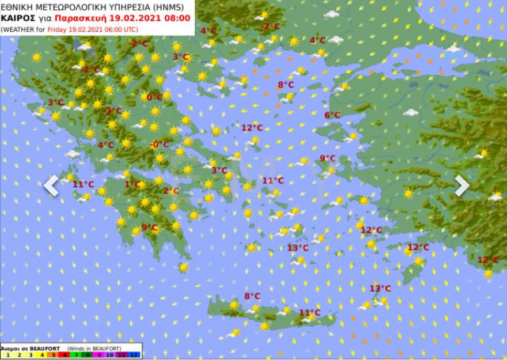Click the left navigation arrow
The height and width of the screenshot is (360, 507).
(x=51, y=185)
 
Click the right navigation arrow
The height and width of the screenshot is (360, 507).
(x=461, y=185)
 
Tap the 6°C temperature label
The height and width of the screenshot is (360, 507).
(x=332, y=115)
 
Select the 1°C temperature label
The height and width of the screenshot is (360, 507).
(x=133, y=184)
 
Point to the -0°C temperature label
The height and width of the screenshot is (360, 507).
(x=160, y=145)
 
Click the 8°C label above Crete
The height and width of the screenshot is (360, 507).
(x=252, y=296)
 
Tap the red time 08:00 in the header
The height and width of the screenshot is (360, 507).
(x=176, y=18)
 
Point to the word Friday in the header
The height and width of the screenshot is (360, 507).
(x=58, y=29)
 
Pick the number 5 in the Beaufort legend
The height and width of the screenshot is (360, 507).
(x=53, y=355)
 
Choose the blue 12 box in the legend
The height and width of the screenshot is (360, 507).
(x=135, y=355)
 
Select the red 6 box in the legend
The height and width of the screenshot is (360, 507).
(x=65, y=355)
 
